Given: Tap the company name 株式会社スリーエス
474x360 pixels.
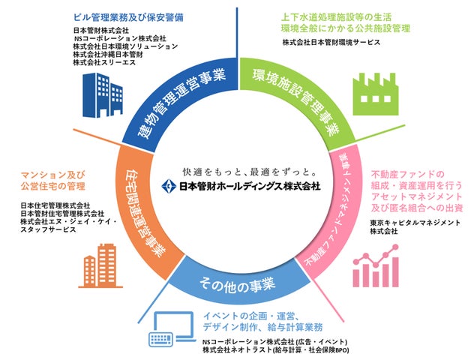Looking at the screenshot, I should coord(106,62).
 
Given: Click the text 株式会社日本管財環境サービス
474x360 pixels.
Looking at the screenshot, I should coord(331,43).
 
